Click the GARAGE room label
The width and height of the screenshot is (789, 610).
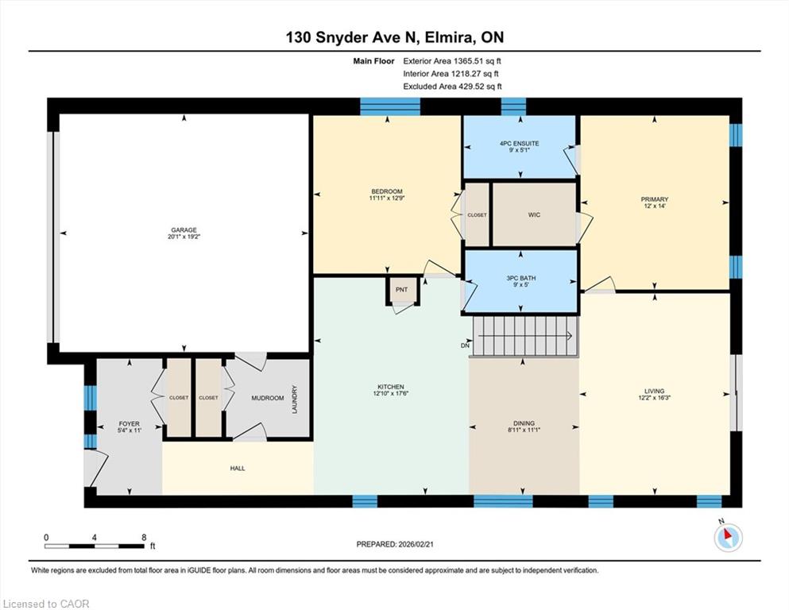[x=184, y=230]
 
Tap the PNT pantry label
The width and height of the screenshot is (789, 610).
[x=401, y=290]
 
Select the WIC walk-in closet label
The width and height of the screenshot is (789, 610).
[x=534, y=214]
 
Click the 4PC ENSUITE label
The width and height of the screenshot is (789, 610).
[x=520, y=143]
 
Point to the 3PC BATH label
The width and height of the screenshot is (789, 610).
[x=520, y=278]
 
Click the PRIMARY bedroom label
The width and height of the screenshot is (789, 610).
[x=655, y=199]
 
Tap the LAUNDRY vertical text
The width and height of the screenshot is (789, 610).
[x=295, y=400]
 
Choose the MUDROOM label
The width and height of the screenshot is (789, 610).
[x=268, y=398]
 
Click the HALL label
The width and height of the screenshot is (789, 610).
[x=238, y=468]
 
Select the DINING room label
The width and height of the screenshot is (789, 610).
[x=524, y=423]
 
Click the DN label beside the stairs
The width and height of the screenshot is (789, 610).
[x=465, y=346]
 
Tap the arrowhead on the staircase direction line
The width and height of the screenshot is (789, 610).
[x=570, y=336]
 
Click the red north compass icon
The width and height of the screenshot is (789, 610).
[x=728, y=537]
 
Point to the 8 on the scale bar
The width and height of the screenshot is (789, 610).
[x=144, y=538]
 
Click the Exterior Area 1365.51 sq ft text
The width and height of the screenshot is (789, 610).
[x=452, y=61]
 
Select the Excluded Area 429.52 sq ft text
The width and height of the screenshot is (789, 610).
[x=452, y=87]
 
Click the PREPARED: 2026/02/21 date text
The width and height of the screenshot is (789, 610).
[x=394, y=544]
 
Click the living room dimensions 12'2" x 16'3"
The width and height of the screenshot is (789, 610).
[x=655, y=397]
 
